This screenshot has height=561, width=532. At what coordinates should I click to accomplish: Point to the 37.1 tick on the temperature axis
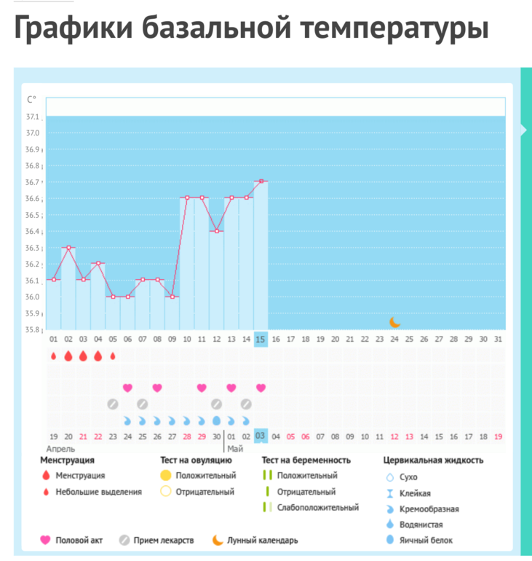point(33,117)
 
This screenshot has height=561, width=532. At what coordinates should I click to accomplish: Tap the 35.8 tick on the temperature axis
point(33,329)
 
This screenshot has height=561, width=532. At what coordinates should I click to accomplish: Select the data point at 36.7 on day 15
point(261,181)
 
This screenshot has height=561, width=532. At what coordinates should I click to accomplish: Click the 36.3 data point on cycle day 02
point(68,248)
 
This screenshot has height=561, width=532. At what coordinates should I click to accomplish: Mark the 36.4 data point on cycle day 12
point(216,231)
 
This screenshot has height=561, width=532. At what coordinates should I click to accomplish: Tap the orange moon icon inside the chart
point(394,322)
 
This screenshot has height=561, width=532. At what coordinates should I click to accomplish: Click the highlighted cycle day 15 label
point(261,340)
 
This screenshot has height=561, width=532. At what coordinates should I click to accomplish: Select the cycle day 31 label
point(498,340)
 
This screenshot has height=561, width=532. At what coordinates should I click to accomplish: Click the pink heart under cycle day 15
point(261,388)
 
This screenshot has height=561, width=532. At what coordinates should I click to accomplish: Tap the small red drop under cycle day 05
point(113,356)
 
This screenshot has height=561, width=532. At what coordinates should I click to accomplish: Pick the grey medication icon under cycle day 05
point(113,404)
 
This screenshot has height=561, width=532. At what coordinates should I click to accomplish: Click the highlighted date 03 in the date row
point(261,436)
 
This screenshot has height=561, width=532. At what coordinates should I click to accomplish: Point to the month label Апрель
point(61,449)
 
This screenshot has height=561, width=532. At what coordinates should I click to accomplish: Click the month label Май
point(235,449)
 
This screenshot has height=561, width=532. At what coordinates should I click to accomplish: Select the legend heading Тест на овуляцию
point(196,460)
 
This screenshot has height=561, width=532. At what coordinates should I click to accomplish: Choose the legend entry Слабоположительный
point(318,507)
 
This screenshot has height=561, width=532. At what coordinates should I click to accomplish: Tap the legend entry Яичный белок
point(426,540)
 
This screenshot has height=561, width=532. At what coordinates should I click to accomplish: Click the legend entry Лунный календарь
point(263,540)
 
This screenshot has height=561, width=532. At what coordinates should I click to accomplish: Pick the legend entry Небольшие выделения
point(98,492)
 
